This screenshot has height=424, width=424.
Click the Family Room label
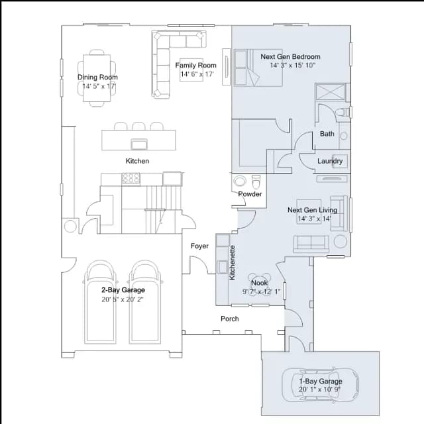pos(196,65)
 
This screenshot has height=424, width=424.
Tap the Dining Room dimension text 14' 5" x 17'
pos(99,86)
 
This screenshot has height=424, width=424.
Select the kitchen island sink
pos(139,144)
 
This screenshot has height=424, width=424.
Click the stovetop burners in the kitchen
pos(131,178)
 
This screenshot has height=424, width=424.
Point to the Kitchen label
pos(137,161)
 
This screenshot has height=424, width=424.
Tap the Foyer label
pos(199,246)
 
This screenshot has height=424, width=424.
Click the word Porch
pos(230,319)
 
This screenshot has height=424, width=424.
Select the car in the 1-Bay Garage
pos(320,385)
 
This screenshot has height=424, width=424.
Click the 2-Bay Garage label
pos(123,290)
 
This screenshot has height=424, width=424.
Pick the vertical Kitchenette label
pos(232,262)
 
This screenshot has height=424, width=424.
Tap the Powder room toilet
pos(256,182)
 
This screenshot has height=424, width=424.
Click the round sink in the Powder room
pos(240,181)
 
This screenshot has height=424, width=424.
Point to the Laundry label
pos(330,161)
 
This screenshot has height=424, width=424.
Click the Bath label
pos(327,134)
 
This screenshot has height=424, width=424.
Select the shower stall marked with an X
pos(331,92)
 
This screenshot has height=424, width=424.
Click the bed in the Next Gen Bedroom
pos(258,68)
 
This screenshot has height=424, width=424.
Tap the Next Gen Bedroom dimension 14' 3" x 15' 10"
pos(293,65)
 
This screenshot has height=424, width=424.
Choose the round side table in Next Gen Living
pos(341,241)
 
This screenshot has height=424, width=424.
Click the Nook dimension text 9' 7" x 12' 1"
pos(261,291)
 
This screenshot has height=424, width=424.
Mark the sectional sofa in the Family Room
pos(161,64)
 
